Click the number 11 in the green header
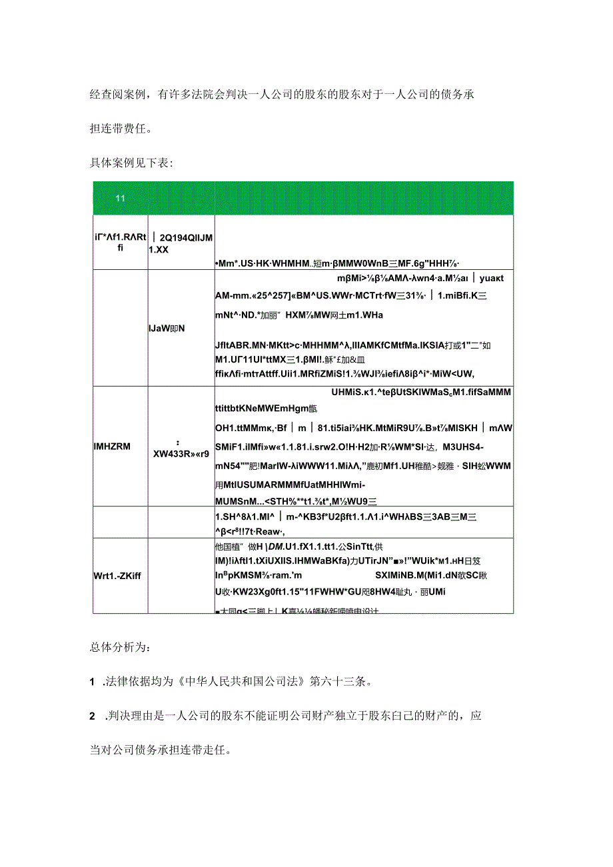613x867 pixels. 121,199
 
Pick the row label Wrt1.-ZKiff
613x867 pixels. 117,574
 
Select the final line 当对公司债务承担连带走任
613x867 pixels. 160,751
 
